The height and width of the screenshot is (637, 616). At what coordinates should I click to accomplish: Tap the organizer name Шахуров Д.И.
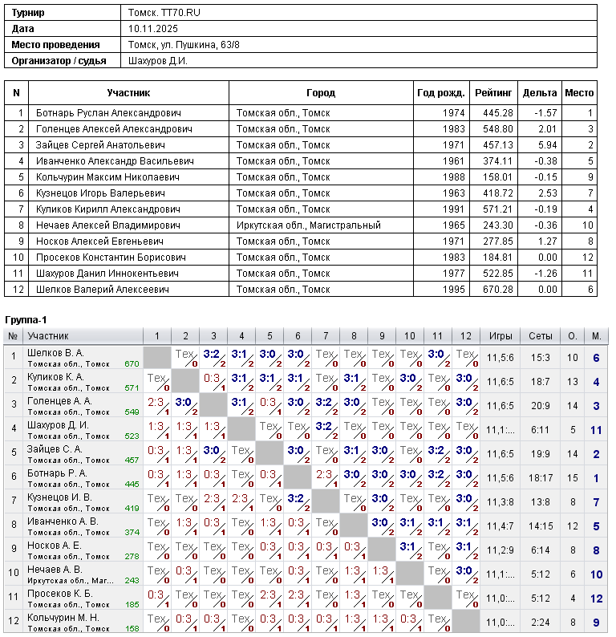tap(158, 60)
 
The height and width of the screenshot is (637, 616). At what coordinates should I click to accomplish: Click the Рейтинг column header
tap(493, 93)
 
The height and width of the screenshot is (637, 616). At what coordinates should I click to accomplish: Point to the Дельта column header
tap(539, 93)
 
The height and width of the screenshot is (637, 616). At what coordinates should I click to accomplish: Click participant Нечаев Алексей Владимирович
tap(107, 225)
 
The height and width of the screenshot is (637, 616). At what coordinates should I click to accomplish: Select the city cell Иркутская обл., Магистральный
tap(308, 225)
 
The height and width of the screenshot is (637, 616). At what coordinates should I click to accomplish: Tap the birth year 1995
tap(453, 290)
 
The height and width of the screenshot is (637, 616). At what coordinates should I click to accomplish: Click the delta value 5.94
tap(546, 145)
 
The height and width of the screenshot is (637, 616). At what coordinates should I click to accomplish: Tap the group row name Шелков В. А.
tap(55, 353)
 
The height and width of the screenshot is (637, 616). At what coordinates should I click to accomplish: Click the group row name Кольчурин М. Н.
tap(63, 618)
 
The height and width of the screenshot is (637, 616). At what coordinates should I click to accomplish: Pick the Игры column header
tap(500, 336)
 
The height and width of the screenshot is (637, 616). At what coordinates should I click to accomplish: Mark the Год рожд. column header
tap(441, 93)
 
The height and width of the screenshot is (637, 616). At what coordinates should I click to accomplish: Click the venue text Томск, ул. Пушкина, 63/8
tap(184, 44)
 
